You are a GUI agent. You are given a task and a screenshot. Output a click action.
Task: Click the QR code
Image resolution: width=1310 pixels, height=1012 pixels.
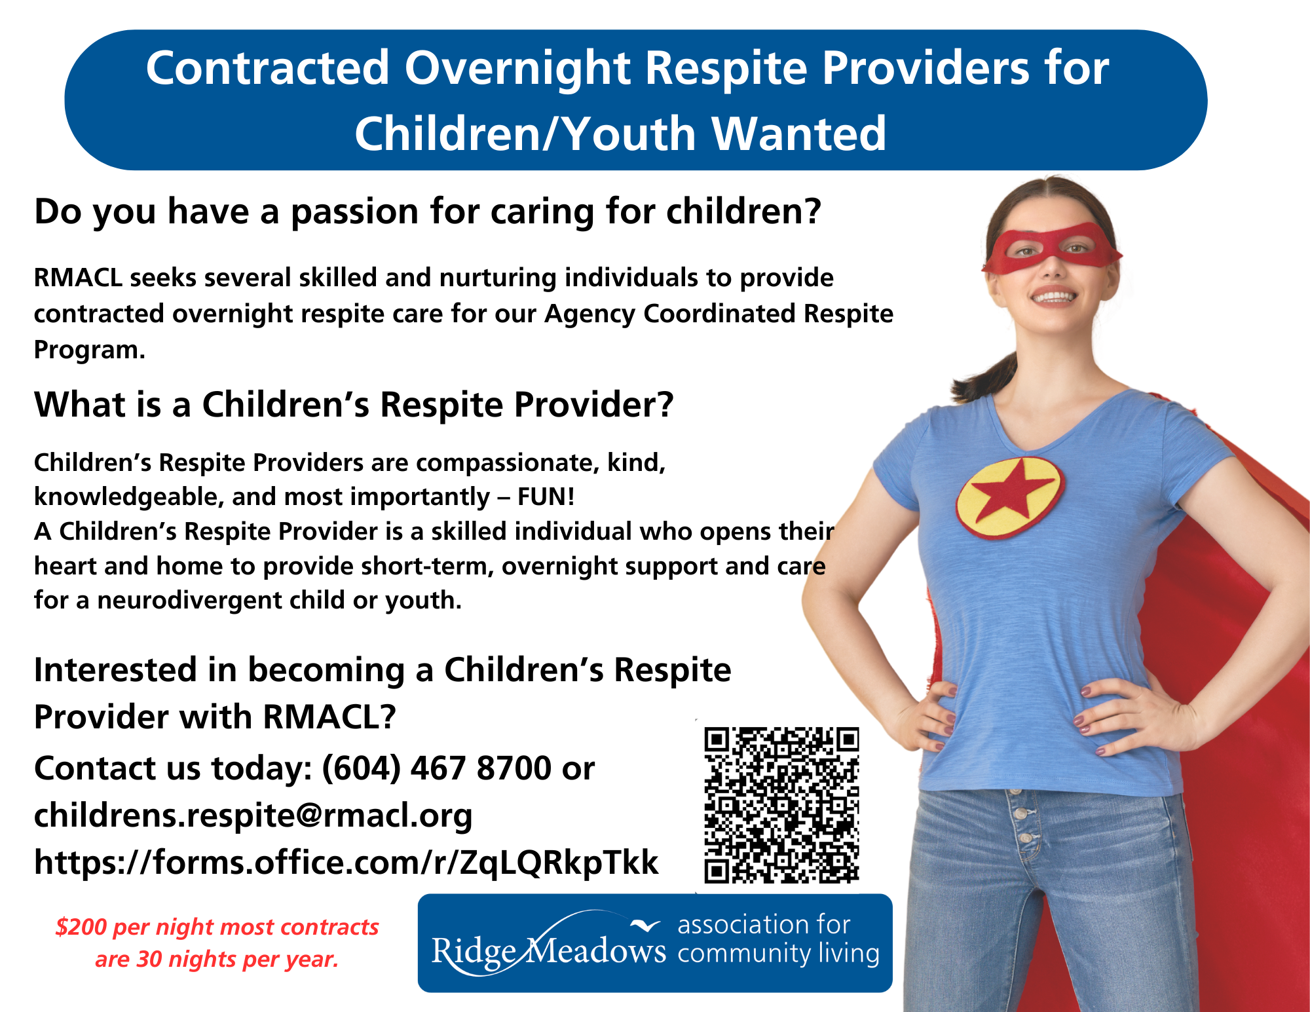point(781,805)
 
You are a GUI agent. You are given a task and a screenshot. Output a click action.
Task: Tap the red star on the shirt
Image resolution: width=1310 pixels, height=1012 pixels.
point(1009,497)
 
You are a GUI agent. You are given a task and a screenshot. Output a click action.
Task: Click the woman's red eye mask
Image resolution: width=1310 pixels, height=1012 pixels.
point(1051,248)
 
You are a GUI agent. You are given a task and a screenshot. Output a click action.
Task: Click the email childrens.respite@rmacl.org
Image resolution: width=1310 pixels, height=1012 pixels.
point(253,815)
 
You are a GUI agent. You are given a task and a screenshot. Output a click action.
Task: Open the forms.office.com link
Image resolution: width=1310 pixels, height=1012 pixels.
point(346,862)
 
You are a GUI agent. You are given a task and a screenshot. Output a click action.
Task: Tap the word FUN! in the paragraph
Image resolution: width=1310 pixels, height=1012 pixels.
point(546,497)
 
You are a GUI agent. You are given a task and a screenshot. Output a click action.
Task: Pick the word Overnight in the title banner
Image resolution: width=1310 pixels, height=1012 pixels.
point(517,69)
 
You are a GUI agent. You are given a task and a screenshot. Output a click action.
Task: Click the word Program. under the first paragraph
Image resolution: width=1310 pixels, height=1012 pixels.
point(90,350)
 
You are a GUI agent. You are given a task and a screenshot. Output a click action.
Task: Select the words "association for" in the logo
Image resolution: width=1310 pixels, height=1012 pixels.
point(764,925)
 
